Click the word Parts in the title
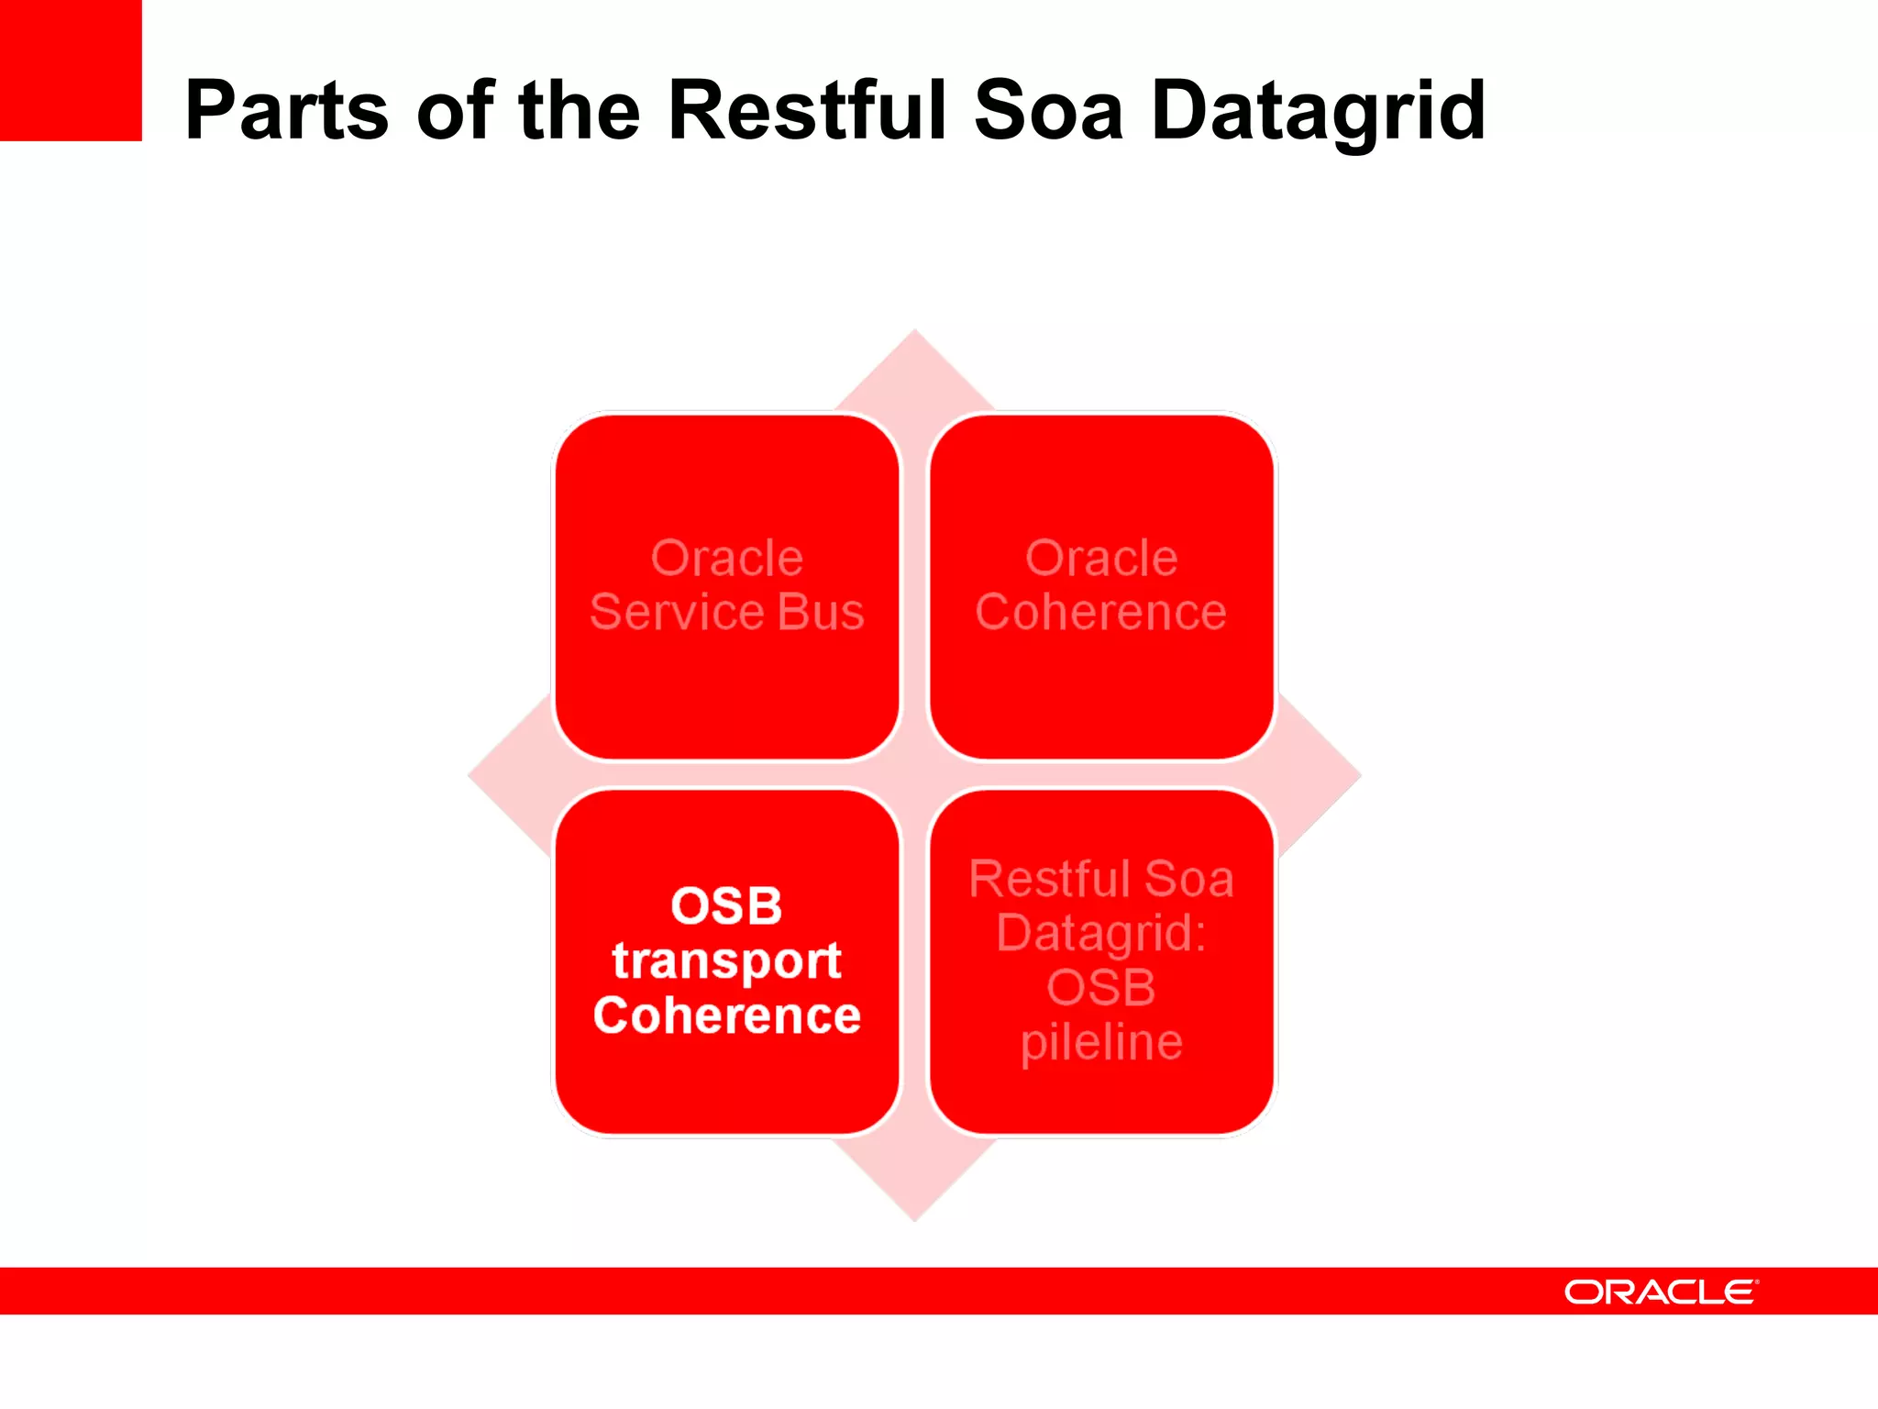[286, 111]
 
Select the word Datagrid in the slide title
[1318, 113]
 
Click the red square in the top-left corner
[71, 70]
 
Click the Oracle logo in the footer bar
[1661, 1292]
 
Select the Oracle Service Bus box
[727, 586]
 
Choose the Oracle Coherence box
[1101, 586]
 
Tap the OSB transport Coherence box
[727, 961]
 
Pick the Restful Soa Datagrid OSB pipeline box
[1101, 961]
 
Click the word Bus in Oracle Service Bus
[821, 612]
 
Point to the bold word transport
[727, 960]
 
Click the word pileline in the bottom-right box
[1101, 1043]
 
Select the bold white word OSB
[726, 905]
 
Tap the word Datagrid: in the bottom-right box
[1101, 933]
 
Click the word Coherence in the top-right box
[1101, 612]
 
